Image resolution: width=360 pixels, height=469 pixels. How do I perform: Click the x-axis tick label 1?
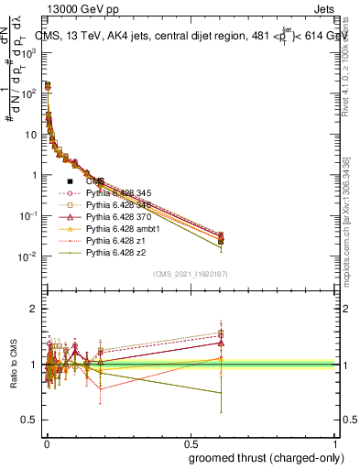(335, 441)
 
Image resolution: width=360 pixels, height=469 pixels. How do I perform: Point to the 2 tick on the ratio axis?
(33, 310)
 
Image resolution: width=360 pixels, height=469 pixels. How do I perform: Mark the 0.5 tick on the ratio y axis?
(29, 420)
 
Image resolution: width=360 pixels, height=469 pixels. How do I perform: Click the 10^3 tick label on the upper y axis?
(28, 53)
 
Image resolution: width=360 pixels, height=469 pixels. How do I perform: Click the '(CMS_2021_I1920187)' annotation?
(190, 274)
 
